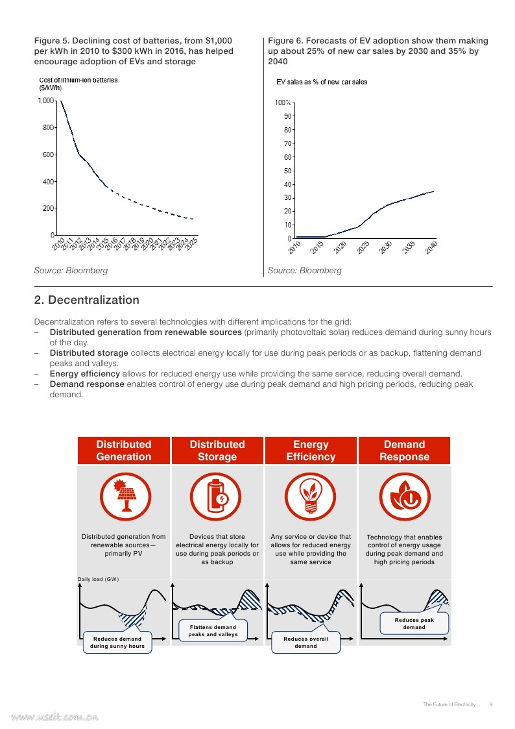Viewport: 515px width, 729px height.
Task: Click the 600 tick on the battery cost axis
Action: pyautogui.click(x=48, y=154)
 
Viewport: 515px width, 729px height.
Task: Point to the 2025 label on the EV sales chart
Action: pyautogui.click(x=363, y=247)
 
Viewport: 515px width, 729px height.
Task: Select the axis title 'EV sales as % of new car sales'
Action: pyautogui.click(x=322, y=82)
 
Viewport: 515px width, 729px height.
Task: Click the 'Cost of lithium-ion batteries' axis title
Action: pyautogui.click(x=78, y=80)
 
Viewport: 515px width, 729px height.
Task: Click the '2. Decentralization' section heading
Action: pyautogui.click(x=87, y=300)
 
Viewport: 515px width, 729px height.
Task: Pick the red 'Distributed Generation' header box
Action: pyautogui.click(x=123, y=451)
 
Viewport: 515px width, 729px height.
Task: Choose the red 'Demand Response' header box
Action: pyautogui.click(x=405, y=451)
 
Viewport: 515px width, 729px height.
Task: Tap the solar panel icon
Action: pyautogui.click(x=125, y=497)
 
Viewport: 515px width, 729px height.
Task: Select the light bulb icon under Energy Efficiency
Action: pyautogui.click(x=310, y=497)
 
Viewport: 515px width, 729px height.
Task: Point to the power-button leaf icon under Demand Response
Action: pyautogui.click(x=405, y=497)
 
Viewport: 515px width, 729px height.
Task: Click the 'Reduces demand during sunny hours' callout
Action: pyautogui.click(x=117, y=642)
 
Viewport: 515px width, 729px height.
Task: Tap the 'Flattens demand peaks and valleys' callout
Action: pyautogui.click(x=213, y=630)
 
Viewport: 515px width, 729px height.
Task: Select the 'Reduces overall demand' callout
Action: pyautogui.click(x=305, y=642)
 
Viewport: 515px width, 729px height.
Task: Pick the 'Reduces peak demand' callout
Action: pyautogui.click(x=414, y=623)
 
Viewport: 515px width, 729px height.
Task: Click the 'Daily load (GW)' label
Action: pyautogui.click(x=98, y=579)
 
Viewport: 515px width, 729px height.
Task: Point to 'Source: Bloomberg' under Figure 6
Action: pyautogui.click(x=305, y=271)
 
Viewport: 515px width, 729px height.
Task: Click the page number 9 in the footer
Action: pyautogui.click(x=491, y=704)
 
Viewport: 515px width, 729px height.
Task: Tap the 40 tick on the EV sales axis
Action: pyautogui.click(x=288, y=184)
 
